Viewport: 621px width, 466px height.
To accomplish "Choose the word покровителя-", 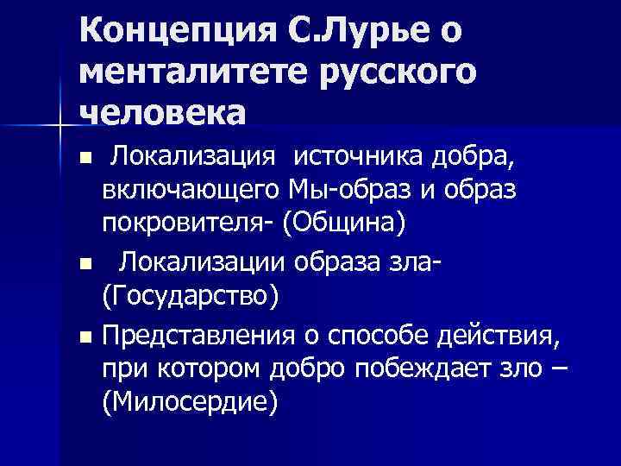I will (190, 223).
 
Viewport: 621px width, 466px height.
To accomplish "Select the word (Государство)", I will (190, 296).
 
